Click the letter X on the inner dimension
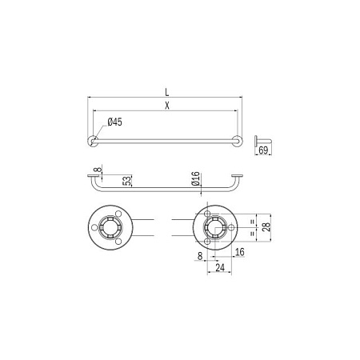[x=166, y=105]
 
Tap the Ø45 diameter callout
[x=114, y=122]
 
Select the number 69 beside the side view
[x=263, y=151]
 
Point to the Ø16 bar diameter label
[x=195, y=179]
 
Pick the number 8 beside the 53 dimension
[x=94, y=170]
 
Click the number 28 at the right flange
[x=266, y=227]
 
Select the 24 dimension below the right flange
[x=220, y=269]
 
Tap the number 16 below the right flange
[x=240, y=253]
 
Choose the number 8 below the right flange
[x=199, y=256]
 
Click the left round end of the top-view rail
[x=94, y=142]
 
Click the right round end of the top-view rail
[x=238, y=142]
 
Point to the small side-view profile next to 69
[x=260, y=142]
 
